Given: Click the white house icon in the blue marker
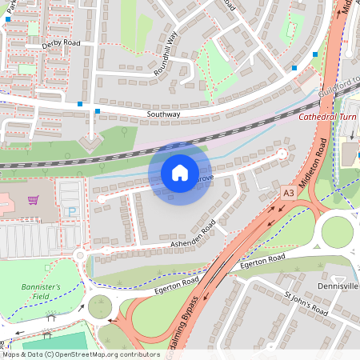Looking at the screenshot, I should pyautogui.click(x=180, y=173).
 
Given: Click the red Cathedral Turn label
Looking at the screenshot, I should pyautogui.click(x=328, y=117).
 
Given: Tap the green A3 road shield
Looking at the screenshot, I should pyautogui.click(x=288, y=193).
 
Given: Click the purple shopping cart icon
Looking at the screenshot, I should pyautogui.click(x=33, y=200).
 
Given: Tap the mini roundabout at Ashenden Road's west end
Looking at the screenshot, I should pyautogui.click(x=80, y=256).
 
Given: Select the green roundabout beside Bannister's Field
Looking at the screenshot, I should pyautogui.click(x=101, y=306).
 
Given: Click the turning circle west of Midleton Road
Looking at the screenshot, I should pyautogui.click(x=282, y=154).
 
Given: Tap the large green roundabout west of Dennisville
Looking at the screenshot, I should pyautogui.click(x=338, y=232).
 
